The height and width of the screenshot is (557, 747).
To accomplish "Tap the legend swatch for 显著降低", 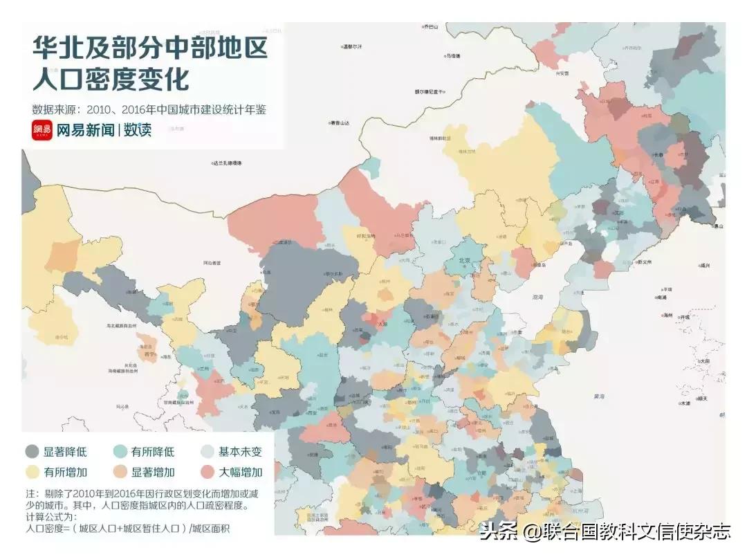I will (x=32, y=452).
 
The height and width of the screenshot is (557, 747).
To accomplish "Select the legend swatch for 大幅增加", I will (x=207, y=472).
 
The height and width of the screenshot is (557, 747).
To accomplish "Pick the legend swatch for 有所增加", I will (x=32, y=472).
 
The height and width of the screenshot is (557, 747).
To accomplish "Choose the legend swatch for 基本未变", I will (x=207, y=452).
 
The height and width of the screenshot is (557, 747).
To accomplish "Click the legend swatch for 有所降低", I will (x=120, y=452).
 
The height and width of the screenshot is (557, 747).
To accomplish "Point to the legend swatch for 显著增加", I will (x=120, y=472).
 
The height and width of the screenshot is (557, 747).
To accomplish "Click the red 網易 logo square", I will (x=41, y=129).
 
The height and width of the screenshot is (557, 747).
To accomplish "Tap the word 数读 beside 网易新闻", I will (x=138, y=129).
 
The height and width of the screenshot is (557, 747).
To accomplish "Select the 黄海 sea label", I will (x=599, y=396).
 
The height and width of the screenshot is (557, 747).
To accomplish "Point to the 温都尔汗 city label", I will (x=353, y=47).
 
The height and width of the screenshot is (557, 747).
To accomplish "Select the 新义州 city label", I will (x=645, y=262).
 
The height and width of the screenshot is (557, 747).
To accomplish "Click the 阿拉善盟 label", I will (x=212, y=263).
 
